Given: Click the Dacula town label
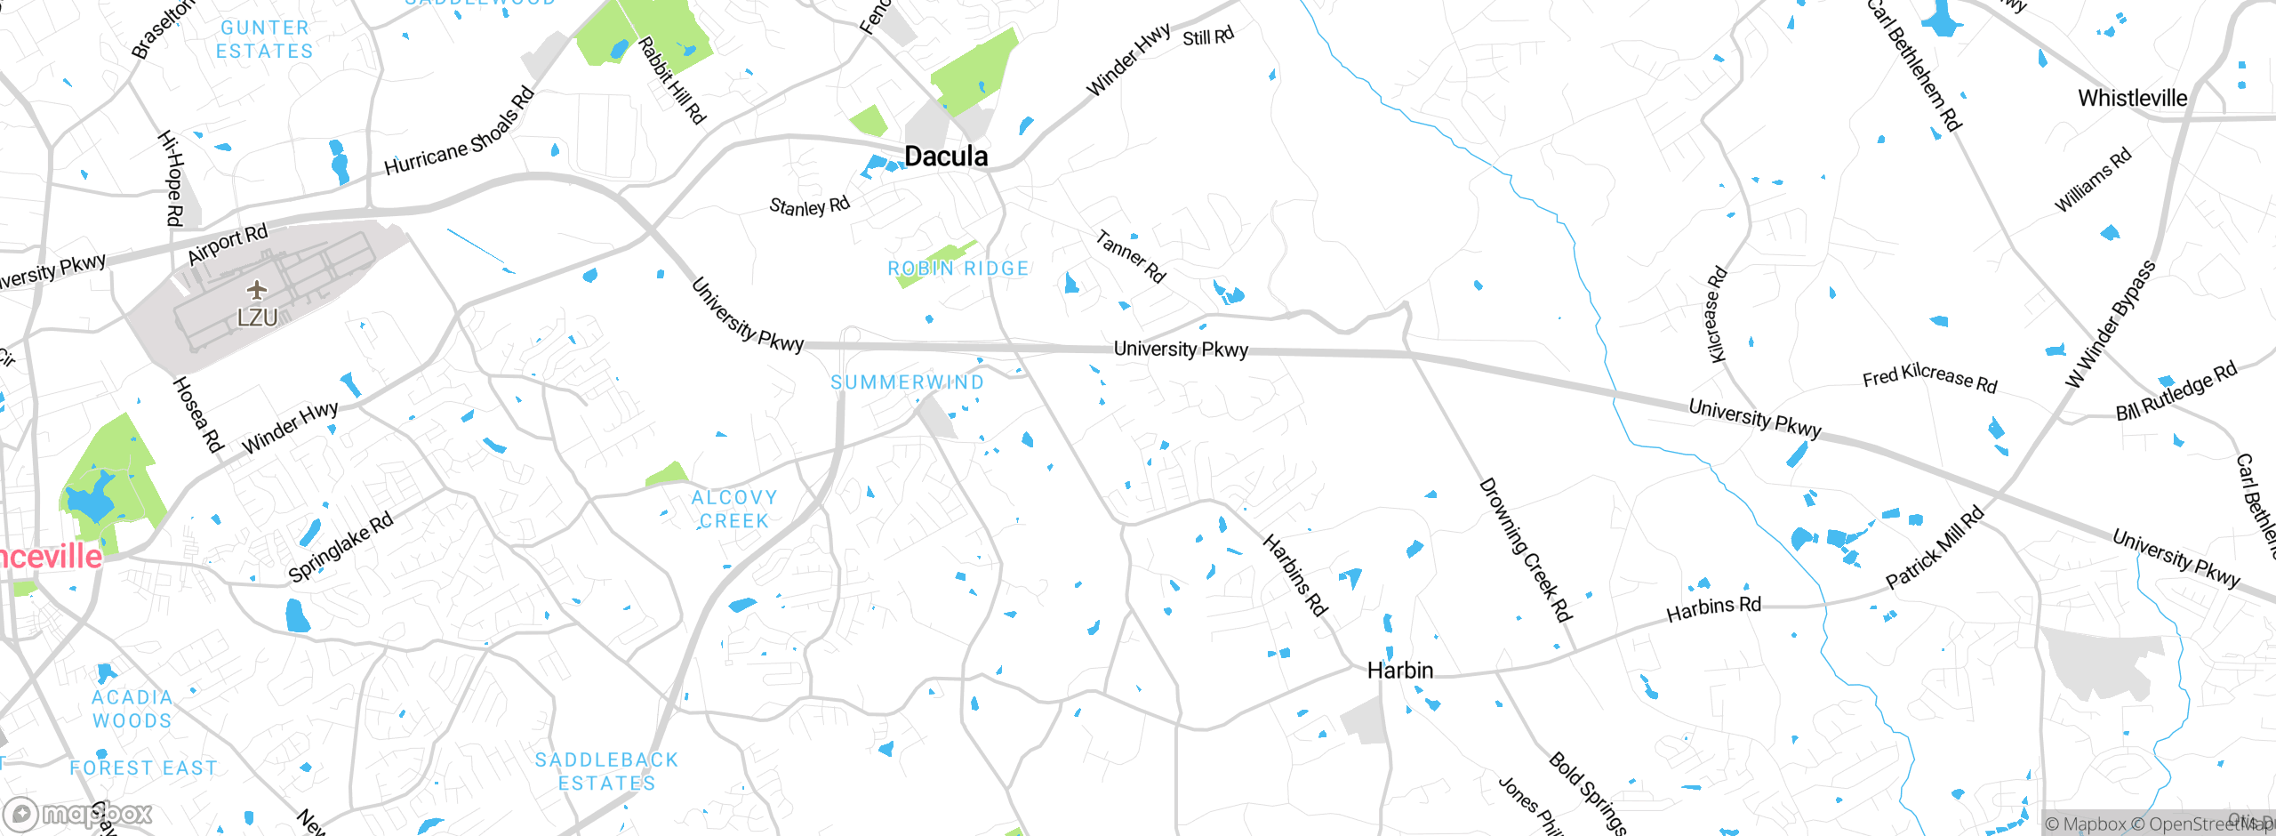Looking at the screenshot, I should (945, 157).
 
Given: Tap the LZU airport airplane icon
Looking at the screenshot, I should (257, 290).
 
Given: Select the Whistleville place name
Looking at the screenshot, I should (2132, 98).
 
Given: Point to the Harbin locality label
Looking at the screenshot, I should (1399, 671).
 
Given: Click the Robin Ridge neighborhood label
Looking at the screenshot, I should (958, 269).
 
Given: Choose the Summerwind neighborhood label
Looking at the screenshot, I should (907, 382).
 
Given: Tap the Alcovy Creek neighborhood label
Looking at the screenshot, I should (734, 510).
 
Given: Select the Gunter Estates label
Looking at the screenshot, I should (265, 40).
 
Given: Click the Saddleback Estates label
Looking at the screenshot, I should (607, 771).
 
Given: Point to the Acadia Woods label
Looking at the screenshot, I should (132, 709).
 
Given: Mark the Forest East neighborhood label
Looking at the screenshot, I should (144, 768).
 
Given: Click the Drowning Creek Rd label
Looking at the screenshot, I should (1525, 550).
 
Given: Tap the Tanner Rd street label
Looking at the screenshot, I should (1130, 256).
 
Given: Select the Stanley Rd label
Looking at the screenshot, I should (809, 206).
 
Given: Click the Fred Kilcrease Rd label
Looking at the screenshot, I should (1929, 378).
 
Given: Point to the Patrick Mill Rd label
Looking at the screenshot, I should (1935, 547).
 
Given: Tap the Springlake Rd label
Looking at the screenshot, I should (341, 548).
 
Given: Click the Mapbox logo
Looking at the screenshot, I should (78, 814).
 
